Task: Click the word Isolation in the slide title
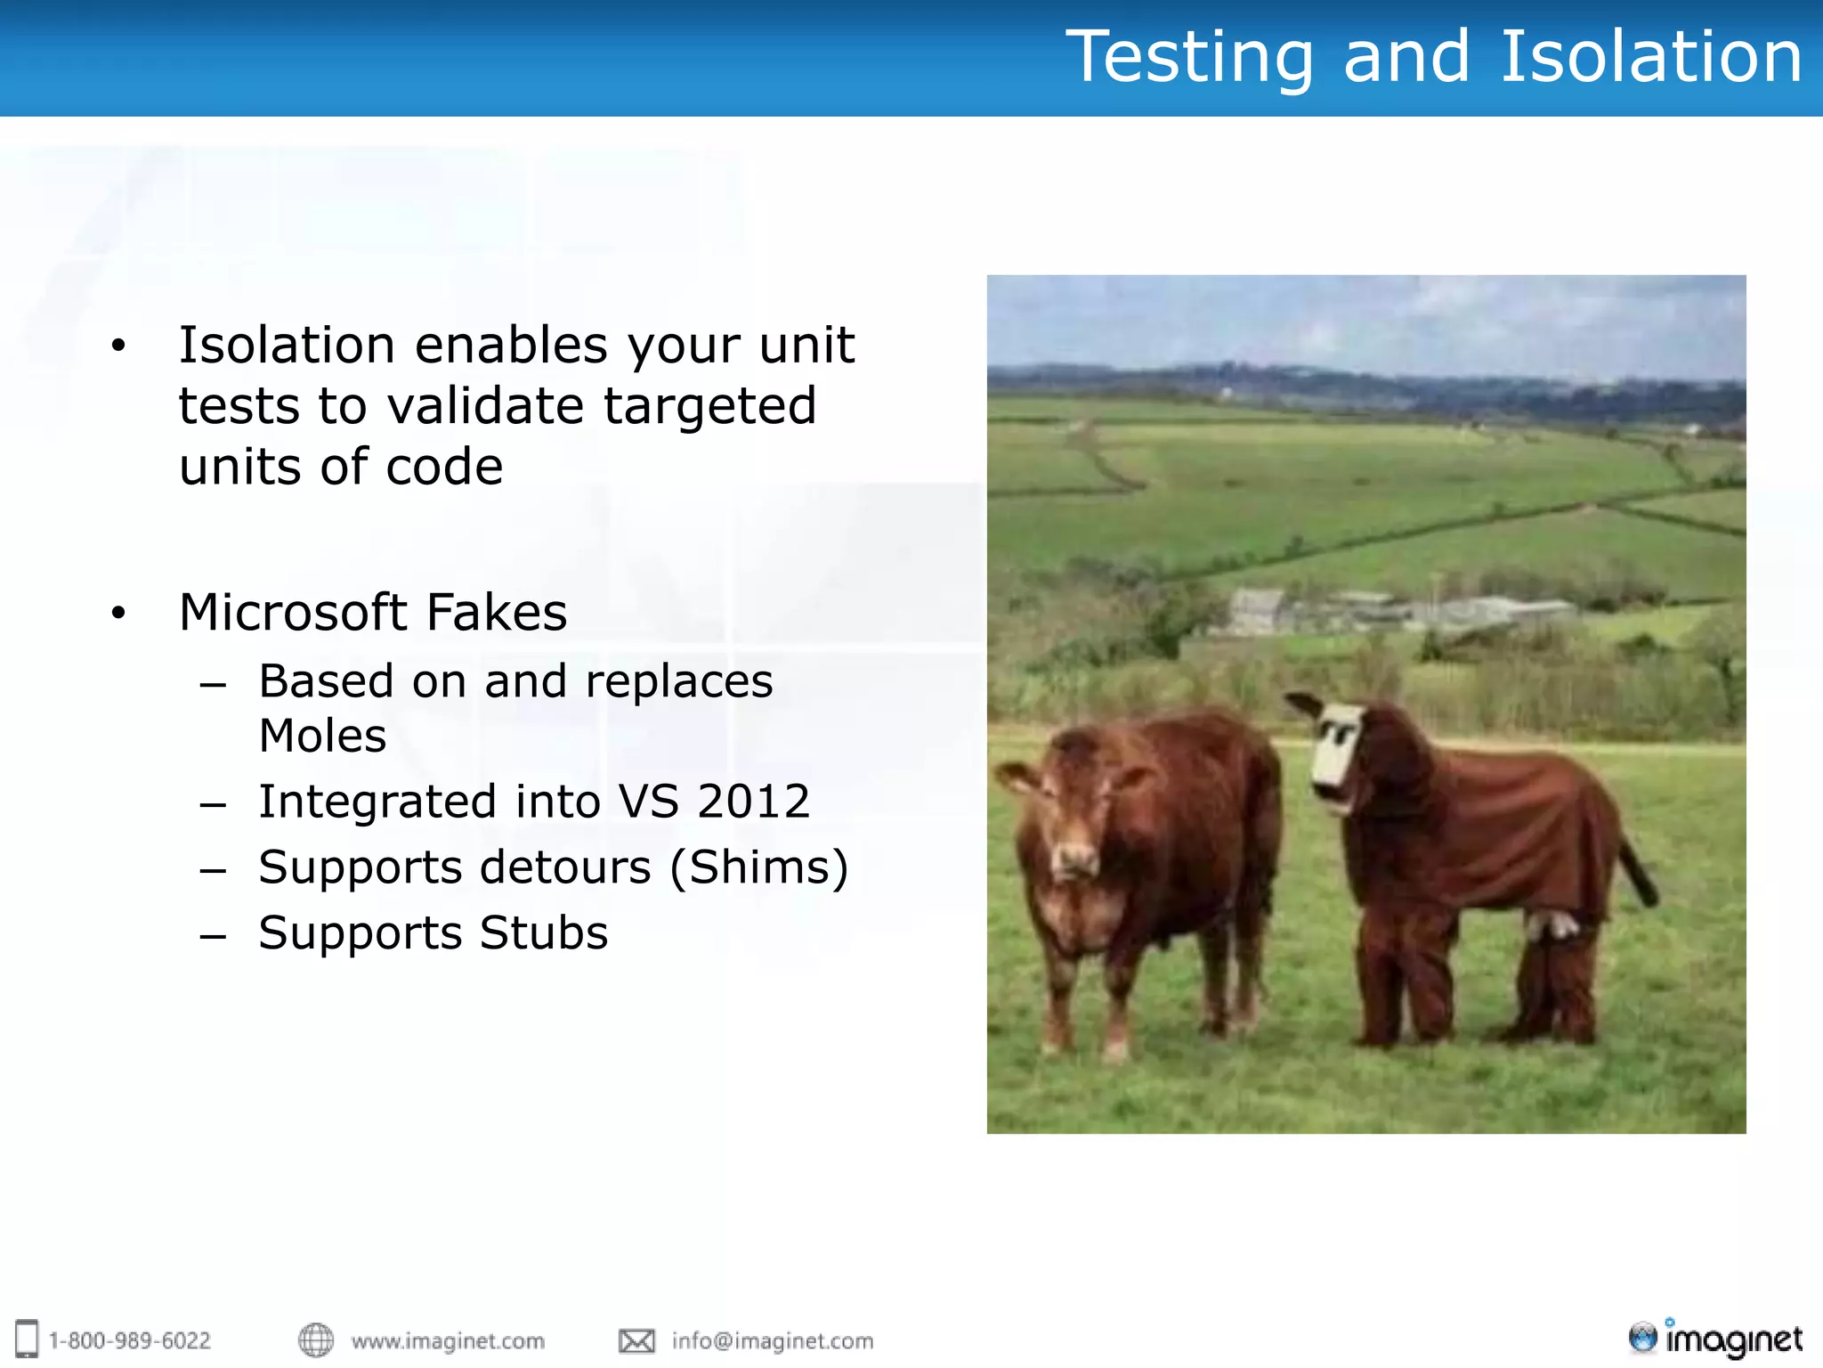(x=1651, y=57)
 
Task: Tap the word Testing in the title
(x=1189, y=57)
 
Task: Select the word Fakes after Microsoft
(x=497, y=613)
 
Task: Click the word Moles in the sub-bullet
(x=322, y=737)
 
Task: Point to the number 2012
(x=753, y=802)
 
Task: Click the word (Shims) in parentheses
(x=758, y=867)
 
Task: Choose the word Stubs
(x=543, y=933)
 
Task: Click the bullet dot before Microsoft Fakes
(x=118, y=613)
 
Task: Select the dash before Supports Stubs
(x=213, y=937)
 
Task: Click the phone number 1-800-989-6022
(x=130, y=1340)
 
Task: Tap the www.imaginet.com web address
(x=448, y=1340)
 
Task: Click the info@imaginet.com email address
(x=773, y=1340)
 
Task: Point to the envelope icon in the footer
(x=636, y=1340)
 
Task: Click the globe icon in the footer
(x=316, y=1340)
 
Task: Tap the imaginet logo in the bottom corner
(x=1715, y=1339)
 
